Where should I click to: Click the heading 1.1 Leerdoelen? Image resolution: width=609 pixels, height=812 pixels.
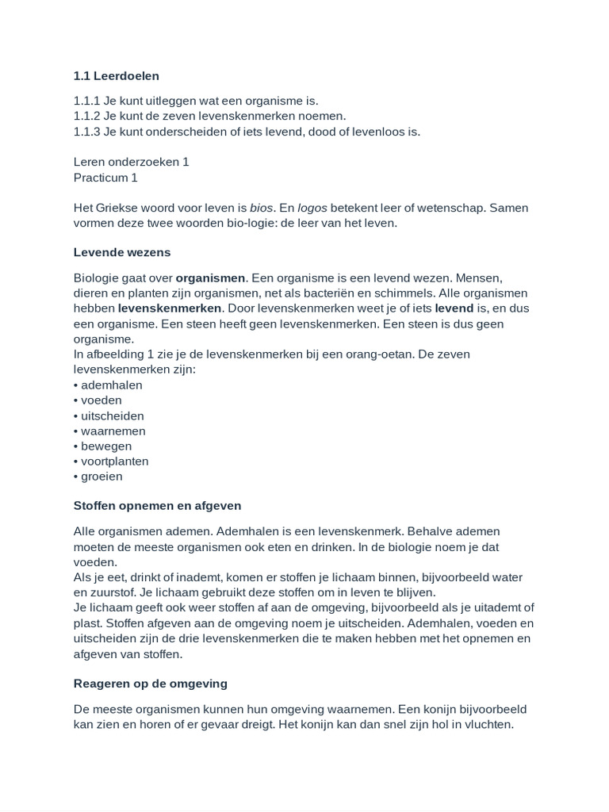tap(116, 76)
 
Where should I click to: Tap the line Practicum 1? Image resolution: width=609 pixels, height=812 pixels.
tap(105, 177)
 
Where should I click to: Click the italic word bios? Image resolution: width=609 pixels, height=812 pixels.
tap(262, 208)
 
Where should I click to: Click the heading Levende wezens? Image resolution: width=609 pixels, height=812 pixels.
tap(121, 252)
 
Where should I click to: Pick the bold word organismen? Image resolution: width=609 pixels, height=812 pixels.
tap(211, 278)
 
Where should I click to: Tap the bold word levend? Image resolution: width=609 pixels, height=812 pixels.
tap(454, 308)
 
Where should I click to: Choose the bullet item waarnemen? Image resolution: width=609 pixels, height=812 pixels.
tap(113, 431)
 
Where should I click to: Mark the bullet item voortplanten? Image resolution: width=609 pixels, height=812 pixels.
tap(114, 461)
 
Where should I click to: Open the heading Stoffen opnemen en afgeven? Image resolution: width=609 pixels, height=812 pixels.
tap(157, 505)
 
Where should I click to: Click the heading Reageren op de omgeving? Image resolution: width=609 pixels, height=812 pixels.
tap(150, 683)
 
